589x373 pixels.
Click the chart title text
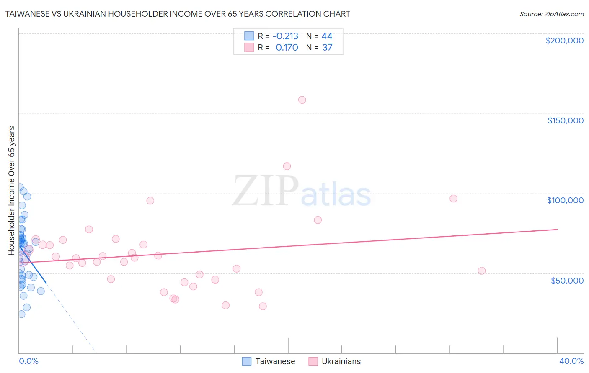point(177,14)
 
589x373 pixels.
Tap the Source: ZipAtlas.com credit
point(551,14)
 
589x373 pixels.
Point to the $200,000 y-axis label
point(564,41)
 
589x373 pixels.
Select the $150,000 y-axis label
point(565,120)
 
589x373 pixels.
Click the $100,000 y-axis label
point(565,200)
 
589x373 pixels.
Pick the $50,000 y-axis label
point(567,280)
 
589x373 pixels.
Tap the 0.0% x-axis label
point(28,361)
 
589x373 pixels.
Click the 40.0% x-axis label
point(571,361)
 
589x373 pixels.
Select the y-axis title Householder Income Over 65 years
point(12,190)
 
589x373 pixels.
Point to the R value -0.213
point(285,36)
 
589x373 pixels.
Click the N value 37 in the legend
point(327,47)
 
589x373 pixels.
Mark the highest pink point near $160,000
point(302,100)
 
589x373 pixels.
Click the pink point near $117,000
point(287,166)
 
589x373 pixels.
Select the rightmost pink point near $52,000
point(482,271)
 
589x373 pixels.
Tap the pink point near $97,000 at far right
point(453,199)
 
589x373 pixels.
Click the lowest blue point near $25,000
point(21,314)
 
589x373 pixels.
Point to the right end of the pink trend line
point(557,229)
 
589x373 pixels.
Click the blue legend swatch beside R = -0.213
point(249,36)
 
